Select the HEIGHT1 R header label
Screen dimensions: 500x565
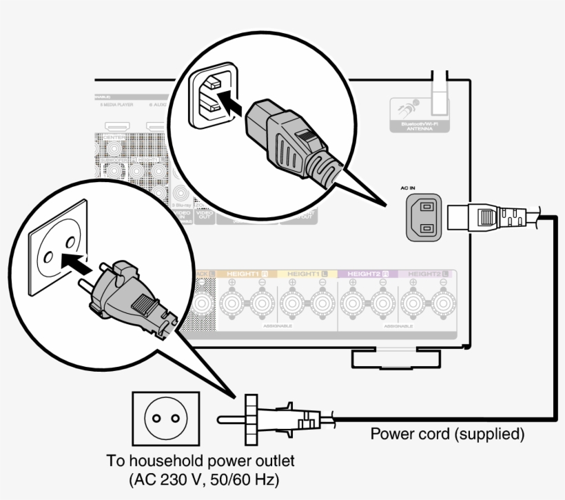(245, 274)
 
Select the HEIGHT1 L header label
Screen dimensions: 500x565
(307, 274)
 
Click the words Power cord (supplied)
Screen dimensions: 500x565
(447, 434)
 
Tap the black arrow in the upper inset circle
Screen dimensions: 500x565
(232, 108)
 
